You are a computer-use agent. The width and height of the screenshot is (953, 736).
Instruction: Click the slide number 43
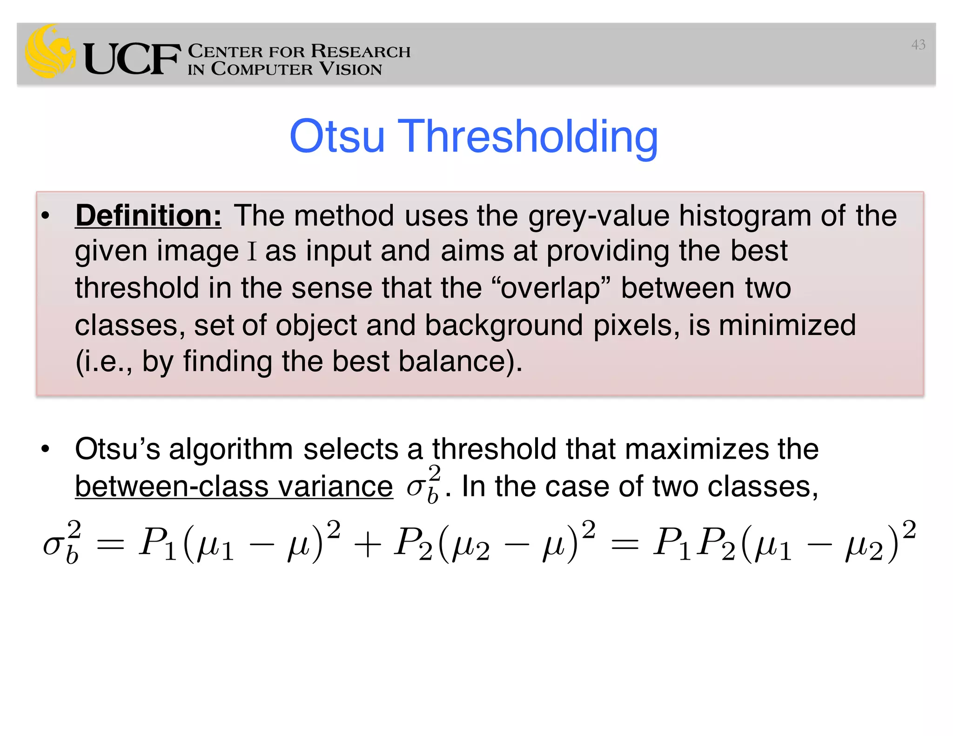point(918,45)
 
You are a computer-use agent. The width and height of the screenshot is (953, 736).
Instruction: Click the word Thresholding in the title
point(528,137)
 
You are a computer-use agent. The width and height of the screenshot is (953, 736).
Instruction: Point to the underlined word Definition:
point(148,216)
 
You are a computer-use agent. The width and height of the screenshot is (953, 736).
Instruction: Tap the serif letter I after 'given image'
point(252,252)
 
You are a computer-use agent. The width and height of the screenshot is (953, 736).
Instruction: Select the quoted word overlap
point(550,288)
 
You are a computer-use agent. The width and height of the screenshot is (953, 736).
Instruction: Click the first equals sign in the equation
point(110,544)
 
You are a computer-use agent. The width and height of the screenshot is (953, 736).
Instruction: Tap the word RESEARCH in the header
point(361,51)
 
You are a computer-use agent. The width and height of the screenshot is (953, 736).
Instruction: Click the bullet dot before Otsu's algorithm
point(45,449)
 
